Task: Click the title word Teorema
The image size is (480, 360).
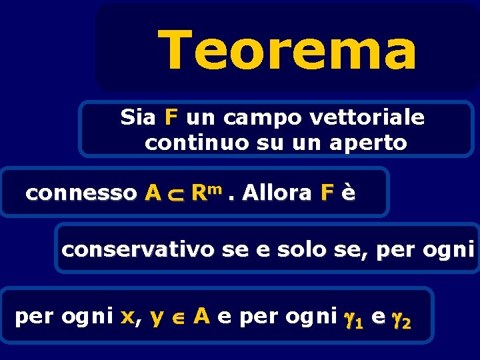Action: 287,51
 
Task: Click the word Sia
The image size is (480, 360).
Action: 138,118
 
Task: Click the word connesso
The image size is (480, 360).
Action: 81,193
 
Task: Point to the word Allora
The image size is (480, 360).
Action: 277,193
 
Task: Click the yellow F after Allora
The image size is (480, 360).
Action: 327,193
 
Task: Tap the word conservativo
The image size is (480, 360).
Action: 138,250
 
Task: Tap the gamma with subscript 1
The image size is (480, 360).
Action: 351,318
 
